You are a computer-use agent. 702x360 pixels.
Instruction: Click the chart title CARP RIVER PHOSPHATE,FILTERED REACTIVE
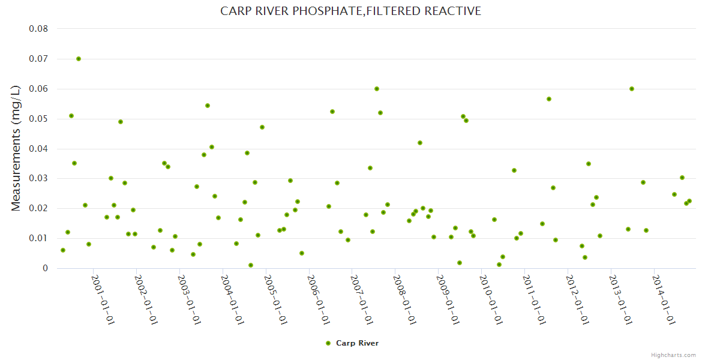tap(350, 11)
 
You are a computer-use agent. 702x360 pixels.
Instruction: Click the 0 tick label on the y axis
tap(45, 268)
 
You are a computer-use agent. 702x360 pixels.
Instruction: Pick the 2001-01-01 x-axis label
tap(103, 300)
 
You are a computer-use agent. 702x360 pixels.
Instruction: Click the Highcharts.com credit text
tap(673, 355)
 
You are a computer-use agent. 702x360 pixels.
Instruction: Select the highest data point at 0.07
tap(79, 59)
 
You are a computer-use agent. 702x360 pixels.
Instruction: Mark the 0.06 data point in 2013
tap(632, 89)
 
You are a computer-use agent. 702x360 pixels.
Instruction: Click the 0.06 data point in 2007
tap(377, 89)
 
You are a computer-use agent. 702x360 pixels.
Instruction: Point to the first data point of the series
tap(63, 250)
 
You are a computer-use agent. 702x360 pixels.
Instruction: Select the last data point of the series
tap(689, 201)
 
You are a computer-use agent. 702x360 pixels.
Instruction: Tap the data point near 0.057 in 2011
tap(549, 99)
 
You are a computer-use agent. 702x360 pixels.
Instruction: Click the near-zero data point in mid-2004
tap(251, 265)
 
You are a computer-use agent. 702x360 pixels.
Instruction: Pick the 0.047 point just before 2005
tap(262, 127)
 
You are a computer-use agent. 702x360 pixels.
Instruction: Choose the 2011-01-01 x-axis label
tap(535, 300)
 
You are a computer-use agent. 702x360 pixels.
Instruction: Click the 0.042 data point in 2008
tap(420, 143)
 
